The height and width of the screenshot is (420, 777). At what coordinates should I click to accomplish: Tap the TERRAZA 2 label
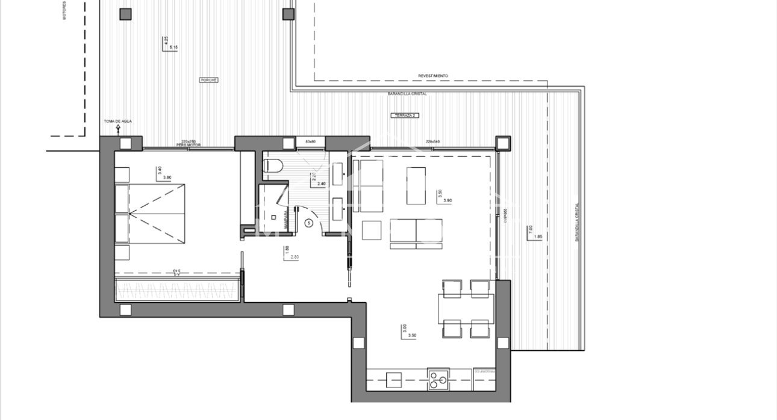coord(404,114)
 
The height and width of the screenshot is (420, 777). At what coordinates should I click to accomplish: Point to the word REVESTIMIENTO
coord(433,76)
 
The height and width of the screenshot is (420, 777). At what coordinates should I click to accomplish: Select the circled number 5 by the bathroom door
coord(309,223)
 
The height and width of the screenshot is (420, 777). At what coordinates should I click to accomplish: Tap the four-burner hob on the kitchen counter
coord(437,379)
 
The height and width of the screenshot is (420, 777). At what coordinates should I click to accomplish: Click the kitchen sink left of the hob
coord(394,379)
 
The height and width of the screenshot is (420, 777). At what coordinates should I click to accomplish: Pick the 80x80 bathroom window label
coord(311,141)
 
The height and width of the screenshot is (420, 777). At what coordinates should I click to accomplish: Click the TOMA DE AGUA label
coord(117,122)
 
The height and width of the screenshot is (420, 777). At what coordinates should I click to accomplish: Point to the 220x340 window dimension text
coord(432,141)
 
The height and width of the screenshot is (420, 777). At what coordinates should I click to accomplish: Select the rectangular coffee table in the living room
coord(416,185)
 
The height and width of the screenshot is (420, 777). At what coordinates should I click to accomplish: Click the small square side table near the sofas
coord(372,230)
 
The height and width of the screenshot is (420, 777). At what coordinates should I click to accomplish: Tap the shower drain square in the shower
coord(273,217)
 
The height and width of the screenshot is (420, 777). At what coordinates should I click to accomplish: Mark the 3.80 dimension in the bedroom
coord(167,177)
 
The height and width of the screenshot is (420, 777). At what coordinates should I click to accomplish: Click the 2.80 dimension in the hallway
coord(295,257)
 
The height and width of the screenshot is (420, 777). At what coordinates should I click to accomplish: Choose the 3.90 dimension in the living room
coord(448,200)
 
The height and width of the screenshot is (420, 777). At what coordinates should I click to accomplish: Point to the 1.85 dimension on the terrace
coord(538,237)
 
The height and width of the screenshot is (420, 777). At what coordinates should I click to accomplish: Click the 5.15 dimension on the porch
coord(174,47)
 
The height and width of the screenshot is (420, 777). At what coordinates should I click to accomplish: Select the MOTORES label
coord(64,10)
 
